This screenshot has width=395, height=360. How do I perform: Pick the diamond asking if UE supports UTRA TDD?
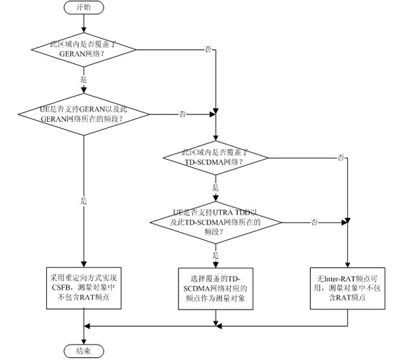point(215,222)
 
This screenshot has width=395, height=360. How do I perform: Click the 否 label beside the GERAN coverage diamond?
point(207,50)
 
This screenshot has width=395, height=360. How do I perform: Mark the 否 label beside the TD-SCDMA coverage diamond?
point(341,157)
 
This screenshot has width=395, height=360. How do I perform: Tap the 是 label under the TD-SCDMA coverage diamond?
point(216,186)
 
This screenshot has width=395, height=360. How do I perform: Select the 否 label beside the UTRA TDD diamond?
point(314,222)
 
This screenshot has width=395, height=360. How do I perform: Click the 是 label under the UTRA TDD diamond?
point(216,254)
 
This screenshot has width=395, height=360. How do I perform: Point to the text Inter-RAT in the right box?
point(341,279)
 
